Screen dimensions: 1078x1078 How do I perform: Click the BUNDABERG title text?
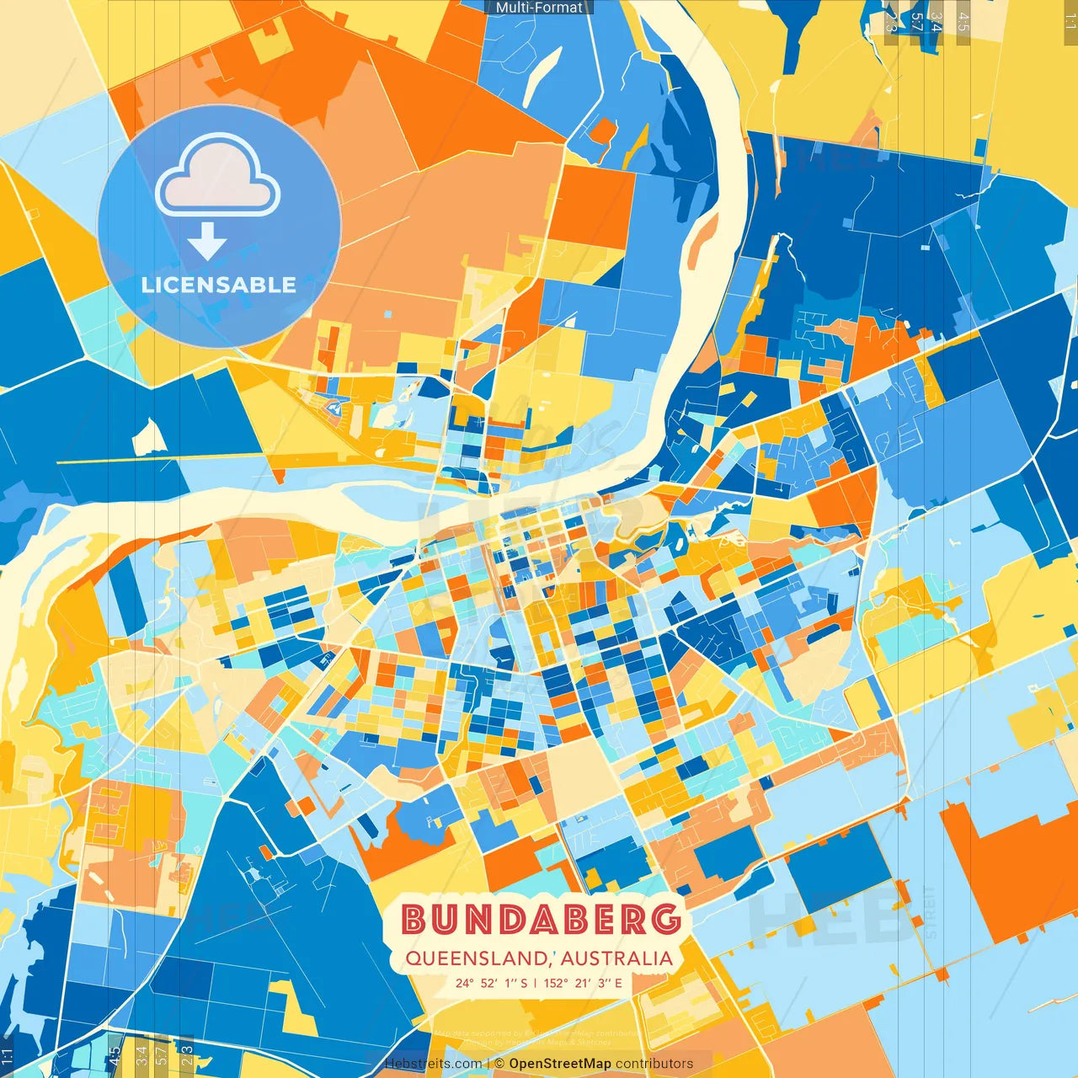coord(540,919)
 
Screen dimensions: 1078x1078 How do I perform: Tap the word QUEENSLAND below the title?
coord(476,958)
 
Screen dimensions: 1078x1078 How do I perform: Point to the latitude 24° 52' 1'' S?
coord(492,983)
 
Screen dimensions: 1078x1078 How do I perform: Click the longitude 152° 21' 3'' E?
coord(583,983)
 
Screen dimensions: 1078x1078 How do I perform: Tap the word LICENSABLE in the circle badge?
coord(219,285)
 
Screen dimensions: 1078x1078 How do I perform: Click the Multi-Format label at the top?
coord(539,8)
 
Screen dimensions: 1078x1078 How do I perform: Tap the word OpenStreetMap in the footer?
coord(560,1064)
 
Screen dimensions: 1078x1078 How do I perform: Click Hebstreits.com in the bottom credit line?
coord(433,1064)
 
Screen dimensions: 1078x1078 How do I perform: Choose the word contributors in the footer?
coord(654,1064)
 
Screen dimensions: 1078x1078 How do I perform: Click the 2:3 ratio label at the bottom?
coord(187,1053)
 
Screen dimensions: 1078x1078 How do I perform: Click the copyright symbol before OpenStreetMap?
coord(499,1064)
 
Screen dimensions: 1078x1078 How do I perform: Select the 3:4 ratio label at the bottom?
coord(141,1053)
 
